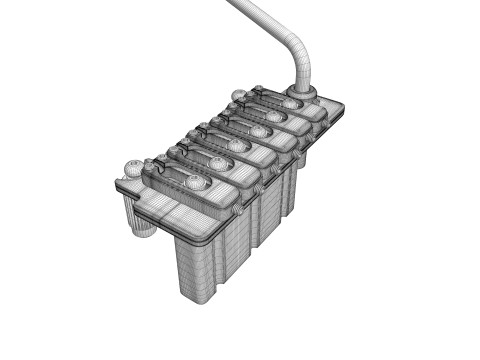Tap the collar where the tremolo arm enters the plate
pos(302,94)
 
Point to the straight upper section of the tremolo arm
pos(255,15)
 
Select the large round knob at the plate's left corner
pos(133,167)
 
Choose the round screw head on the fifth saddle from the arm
pos(219,163)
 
